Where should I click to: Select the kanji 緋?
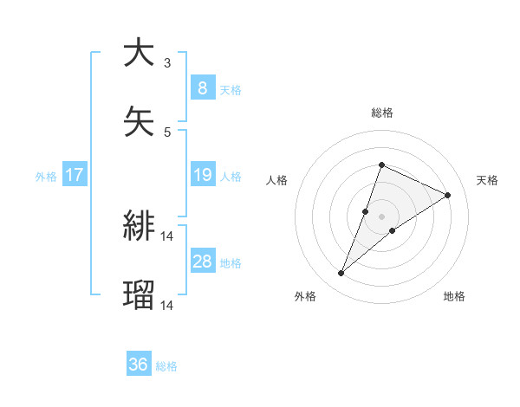point(139,226)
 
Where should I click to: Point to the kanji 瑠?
point(139,295)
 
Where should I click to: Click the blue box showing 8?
point(202,88)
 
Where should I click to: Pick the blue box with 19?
point(202,176)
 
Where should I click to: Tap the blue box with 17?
point(75,176)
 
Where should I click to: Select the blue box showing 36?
point(139,365)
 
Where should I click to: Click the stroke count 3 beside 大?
point(167,63)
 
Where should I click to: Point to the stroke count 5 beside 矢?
point(167,132)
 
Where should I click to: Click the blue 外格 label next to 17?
point(46,177)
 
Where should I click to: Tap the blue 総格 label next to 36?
point(166,366)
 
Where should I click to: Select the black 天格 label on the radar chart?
point(487,180)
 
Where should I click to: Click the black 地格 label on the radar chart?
point(454,296)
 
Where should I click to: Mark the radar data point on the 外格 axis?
point(341,274)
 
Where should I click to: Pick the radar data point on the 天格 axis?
point(448,195)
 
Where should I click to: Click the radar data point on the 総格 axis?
point(381,165)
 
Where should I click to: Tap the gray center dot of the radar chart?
point(381,216)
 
